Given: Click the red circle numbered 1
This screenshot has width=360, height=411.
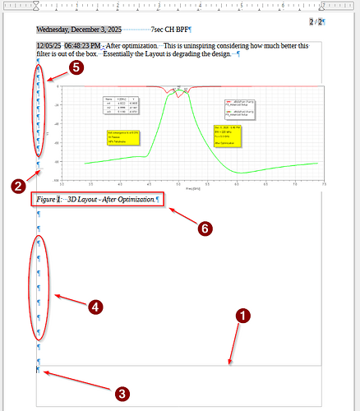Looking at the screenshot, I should point(242,314).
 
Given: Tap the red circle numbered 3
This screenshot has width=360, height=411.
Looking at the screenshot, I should point(122,394).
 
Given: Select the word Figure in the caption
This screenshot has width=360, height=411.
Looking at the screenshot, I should point(46,200).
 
